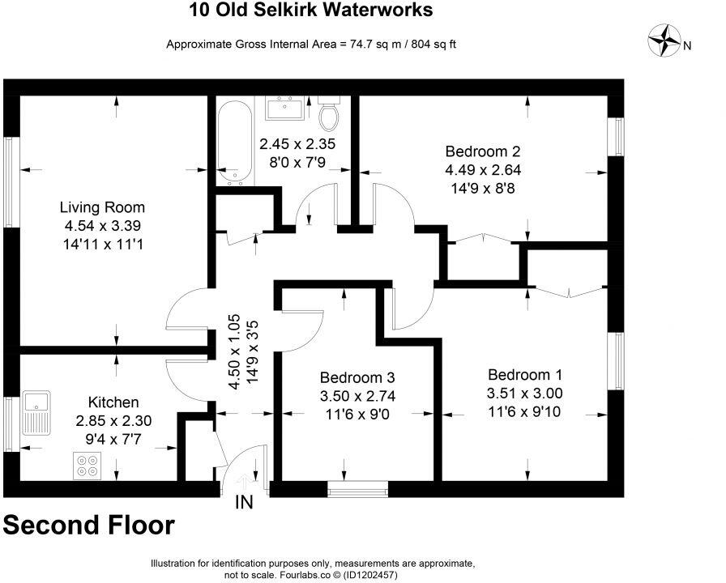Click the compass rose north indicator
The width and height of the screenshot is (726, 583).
coord(666,40)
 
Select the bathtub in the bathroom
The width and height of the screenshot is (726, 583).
coord(234,143)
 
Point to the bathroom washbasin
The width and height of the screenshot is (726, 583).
coord(284,107)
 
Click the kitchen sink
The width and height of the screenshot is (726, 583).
coord(37,412)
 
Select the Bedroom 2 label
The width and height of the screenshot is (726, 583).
coord(482,151)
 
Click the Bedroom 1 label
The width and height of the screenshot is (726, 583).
coord(524,375)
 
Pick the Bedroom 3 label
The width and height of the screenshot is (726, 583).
coord(357,377)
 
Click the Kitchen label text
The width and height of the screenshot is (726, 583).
coord(113,402)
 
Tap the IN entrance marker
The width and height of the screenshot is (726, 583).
coord(244,503)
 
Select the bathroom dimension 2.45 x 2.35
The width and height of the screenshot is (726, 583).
coord(297,145)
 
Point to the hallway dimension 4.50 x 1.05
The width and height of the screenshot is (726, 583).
coord(234,352)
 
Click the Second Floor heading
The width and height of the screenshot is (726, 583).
coord(88,525)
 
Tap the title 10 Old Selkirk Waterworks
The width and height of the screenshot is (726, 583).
coord(310,10)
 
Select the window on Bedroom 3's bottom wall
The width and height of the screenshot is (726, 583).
coord(357,488)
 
